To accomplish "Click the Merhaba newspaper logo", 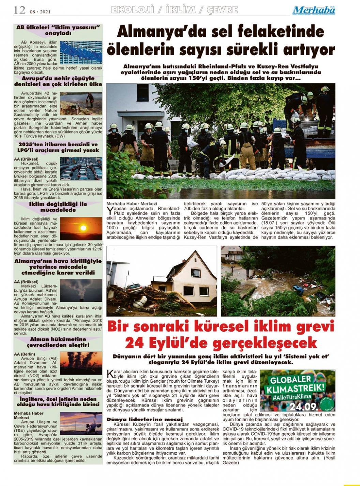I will [314, 10].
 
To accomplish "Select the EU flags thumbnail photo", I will [81, 52].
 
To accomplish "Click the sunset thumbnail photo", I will [81, 228].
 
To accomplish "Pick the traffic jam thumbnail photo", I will [81, 168].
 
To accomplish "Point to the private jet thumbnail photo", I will [81, 424].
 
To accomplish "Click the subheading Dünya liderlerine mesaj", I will [145, 419].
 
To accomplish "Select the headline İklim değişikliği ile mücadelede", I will [58, 207].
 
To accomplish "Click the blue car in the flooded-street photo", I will [298, 290].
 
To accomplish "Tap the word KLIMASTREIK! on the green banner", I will [296, 389].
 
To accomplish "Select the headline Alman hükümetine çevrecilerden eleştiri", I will [58, 342].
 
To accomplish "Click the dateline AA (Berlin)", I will [25, 354].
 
